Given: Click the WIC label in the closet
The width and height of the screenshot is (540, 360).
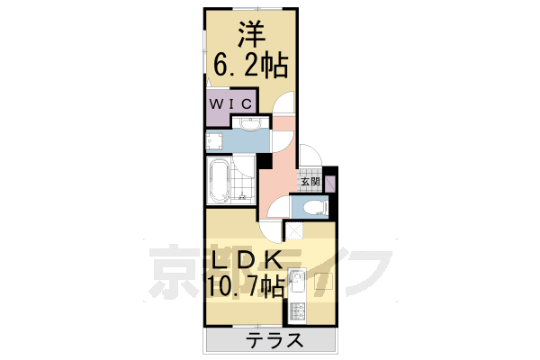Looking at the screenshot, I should pyautogui.click(x=229, y=103).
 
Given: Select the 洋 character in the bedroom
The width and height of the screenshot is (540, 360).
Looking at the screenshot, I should pyautogui.click(x=248, y=35).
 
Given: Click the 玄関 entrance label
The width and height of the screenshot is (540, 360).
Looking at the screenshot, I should pyautogui.click(x=309, y=182).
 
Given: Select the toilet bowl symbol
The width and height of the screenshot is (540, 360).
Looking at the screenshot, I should pyautogui.click(x=312, y=208).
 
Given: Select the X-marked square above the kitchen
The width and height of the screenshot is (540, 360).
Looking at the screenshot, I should pyautogui.click(x=294, y=229).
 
